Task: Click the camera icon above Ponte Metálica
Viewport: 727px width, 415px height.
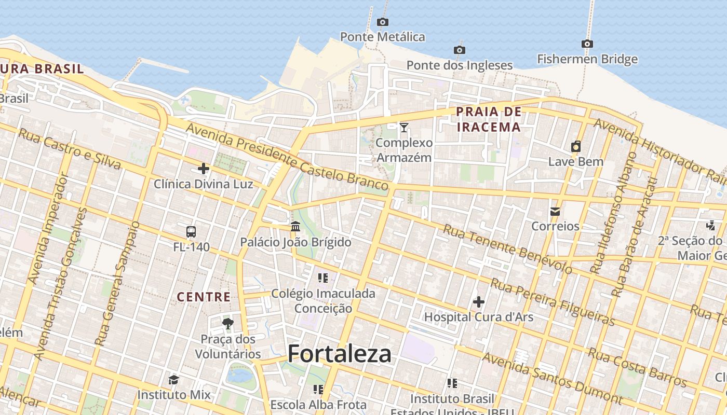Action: point(383,22)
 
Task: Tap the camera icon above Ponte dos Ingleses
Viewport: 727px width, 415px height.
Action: point(459,50)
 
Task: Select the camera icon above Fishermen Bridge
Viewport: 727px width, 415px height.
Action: point(587,44)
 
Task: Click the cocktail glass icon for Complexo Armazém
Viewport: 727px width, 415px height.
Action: point(403,127)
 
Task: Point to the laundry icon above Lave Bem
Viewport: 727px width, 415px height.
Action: point(576,146)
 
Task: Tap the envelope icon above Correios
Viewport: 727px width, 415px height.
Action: point(555,211)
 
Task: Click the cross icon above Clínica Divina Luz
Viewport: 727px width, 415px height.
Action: point(204,169)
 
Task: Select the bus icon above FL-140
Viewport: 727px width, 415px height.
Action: point(191,231)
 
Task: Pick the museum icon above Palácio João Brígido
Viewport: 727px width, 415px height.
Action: point(295,227)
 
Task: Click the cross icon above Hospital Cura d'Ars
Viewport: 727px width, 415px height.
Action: point(479,301)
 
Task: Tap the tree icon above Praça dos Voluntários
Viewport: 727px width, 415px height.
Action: point(227,324)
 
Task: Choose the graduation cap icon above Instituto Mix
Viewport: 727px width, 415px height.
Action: point(174,380)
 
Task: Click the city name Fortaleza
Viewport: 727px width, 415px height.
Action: point(340,354)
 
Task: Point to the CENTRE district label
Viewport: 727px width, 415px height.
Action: point(204,297)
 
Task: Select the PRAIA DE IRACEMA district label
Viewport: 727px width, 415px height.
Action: point(488,119)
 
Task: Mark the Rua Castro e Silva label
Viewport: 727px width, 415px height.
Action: point(70,149)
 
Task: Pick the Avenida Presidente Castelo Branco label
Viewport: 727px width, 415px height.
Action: point(287,157)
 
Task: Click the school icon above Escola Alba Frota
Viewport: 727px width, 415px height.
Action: point(318,389)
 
